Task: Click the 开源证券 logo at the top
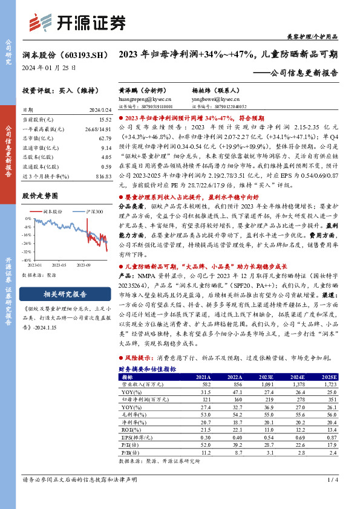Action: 77,22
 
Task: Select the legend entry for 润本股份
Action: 53,212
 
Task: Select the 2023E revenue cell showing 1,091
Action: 267,384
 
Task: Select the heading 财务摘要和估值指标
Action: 147,368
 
